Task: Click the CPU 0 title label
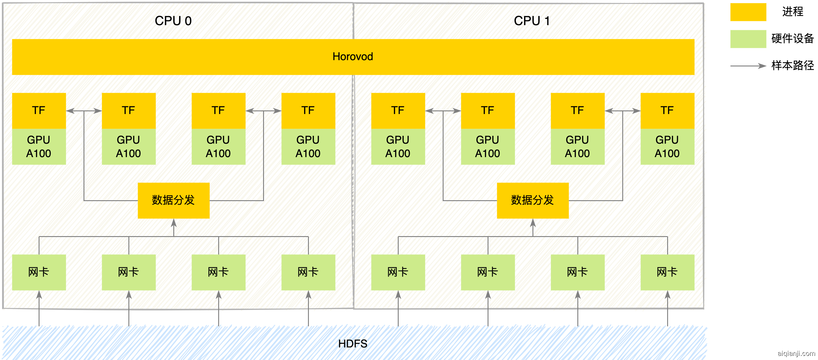pos(173,21)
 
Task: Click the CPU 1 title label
pos(532,21)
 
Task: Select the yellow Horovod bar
pos(353,57)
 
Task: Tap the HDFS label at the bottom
pos(353,344)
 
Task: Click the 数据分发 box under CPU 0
pos(173,200)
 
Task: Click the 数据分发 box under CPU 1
pos(532,200)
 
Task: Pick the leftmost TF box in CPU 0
pos(39,110)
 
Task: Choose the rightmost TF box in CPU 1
pos(667,110)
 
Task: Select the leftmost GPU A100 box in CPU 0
pos(39,146)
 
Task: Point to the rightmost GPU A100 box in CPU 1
pos(667,146)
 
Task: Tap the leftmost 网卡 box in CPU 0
pos(39,272)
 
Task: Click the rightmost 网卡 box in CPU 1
pos(667,272)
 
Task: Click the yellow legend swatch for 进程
pos(748,12)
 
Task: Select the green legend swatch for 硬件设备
pos(748,39)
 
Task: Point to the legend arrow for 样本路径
pos(748,66)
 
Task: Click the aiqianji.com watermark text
pos(796,353)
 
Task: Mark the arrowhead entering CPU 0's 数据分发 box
pos(174,223)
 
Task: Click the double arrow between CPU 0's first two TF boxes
pos(84,111)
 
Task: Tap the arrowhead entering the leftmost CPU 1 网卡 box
pos(398,294)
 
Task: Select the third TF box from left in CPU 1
pos(577,110)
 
